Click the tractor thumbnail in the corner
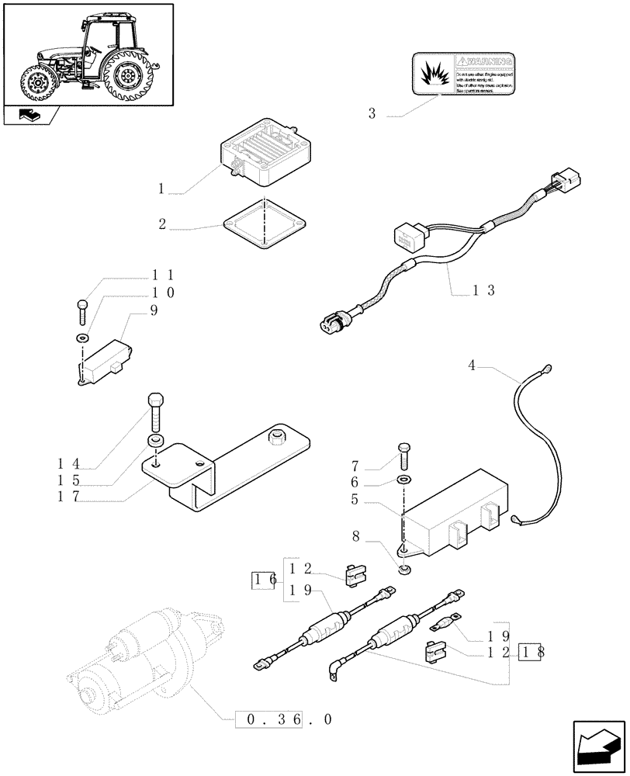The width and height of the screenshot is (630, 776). coord(88,55)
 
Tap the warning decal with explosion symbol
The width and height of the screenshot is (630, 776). coord(464,73)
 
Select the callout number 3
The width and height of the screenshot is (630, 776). coord(372,114)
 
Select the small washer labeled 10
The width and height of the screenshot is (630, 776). coord(82,338)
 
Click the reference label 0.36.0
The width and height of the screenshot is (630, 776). coord(284,719)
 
